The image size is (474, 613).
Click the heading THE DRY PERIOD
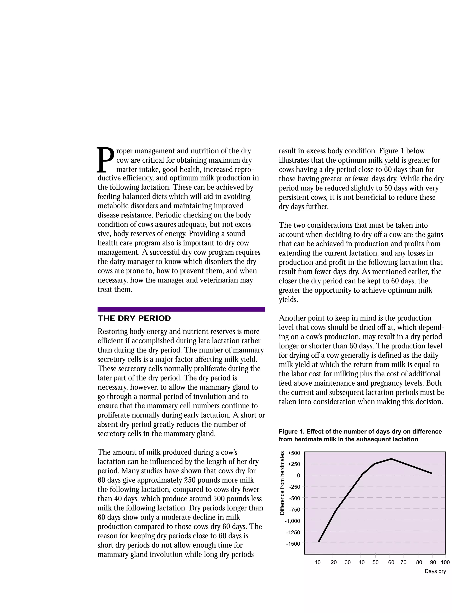pyautogui.click(x=134, y=318)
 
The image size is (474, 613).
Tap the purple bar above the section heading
pyautogui.click(x=181, y=309)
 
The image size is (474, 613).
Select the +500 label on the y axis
pyautogui.click(x=294, y=453)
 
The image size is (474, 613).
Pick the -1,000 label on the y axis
pyautogui.click(x=292, y=521)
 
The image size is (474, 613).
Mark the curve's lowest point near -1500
pyautogui.click(x=319, y=542)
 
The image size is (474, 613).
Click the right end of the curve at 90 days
pyautogui.click(x=432, y=473)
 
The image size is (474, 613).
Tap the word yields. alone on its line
pyautogui.click(x=288, y=300)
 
